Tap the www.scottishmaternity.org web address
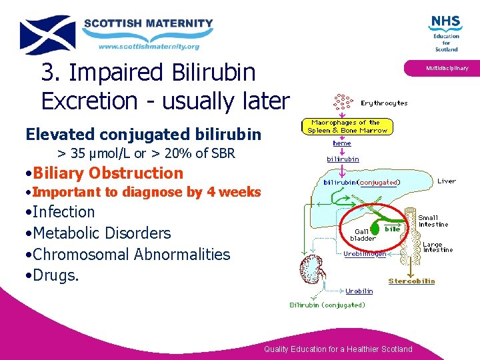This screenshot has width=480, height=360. click(x=149, y=47)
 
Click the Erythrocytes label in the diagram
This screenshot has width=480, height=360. click(x=384, y=103)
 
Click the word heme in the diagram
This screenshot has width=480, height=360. click(x=342, y=143)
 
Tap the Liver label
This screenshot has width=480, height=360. click(x=447, y=181)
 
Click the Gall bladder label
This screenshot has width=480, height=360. click(x=363, y=235)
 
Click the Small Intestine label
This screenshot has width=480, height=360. click(x=433, y=221)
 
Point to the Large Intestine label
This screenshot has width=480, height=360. click(x=437, y=247)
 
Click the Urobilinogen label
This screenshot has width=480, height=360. click(x=365, y=254)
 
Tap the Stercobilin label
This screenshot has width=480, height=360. click(x=411, y=281)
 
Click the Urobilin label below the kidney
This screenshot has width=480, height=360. click(x=359, y=291)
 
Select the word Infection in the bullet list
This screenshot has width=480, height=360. click(x=64, y=212)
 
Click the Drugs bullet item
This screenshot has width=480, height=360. click(x=55, y=275)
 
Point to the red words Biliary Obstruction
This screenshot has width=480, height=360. click(x=107, y=173)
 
